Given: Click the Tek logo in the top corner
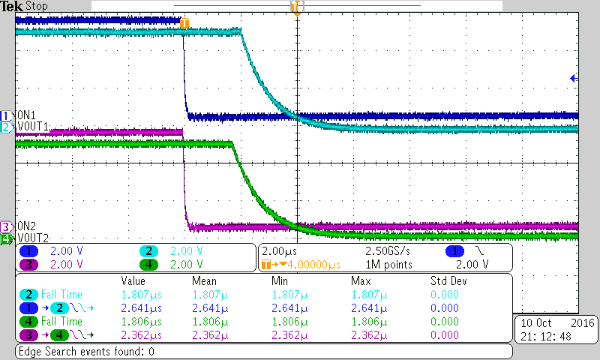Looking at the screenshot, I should (x=12, y=6).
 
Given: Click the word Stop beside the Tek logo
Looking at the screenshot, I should (x=37, y=6).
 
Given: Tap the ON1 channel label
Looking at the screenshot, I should (x=26, y=115).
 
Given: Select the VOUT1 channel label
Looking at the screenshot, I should (x=32, y=127).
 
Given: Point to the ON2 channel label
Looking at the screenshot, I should (x=27, y=226).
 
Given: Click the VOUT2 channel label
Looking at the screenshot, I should (x=33, y=238).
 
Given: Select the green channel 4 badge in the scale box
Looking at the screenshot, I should (x=150, y=264).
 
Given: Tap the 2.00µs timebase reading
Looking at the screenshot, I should (x=279, y=251).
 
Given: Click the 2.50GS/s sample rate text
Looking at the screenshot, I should (x=387, y=251).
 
